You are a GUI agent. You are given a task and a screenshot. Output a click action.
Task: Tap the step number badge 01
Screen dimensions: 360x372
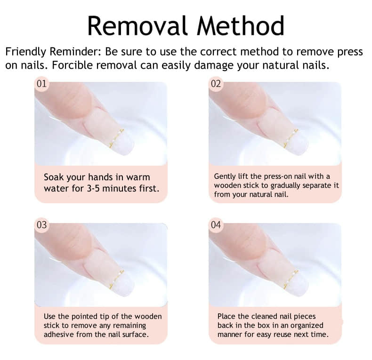41,84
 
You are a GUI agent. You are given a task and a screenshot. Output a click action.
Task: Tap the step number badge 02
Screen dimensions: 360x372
216,84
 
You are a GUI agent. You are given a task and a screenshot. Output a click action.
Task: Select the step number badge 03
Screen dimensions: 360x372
41,225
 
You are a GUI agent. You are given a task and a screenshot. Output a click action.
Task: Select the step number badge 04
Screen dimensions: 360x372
216,225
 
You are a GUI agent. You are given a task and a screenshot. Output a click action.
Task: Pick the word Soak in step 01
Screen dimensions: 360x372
55,177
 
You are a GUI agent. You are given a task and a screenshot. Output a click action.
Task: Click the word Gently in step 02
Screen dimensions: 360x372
226,176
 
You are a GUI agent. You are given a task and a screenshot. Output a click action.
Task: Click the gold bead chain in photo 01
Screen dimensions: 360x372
116,137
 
